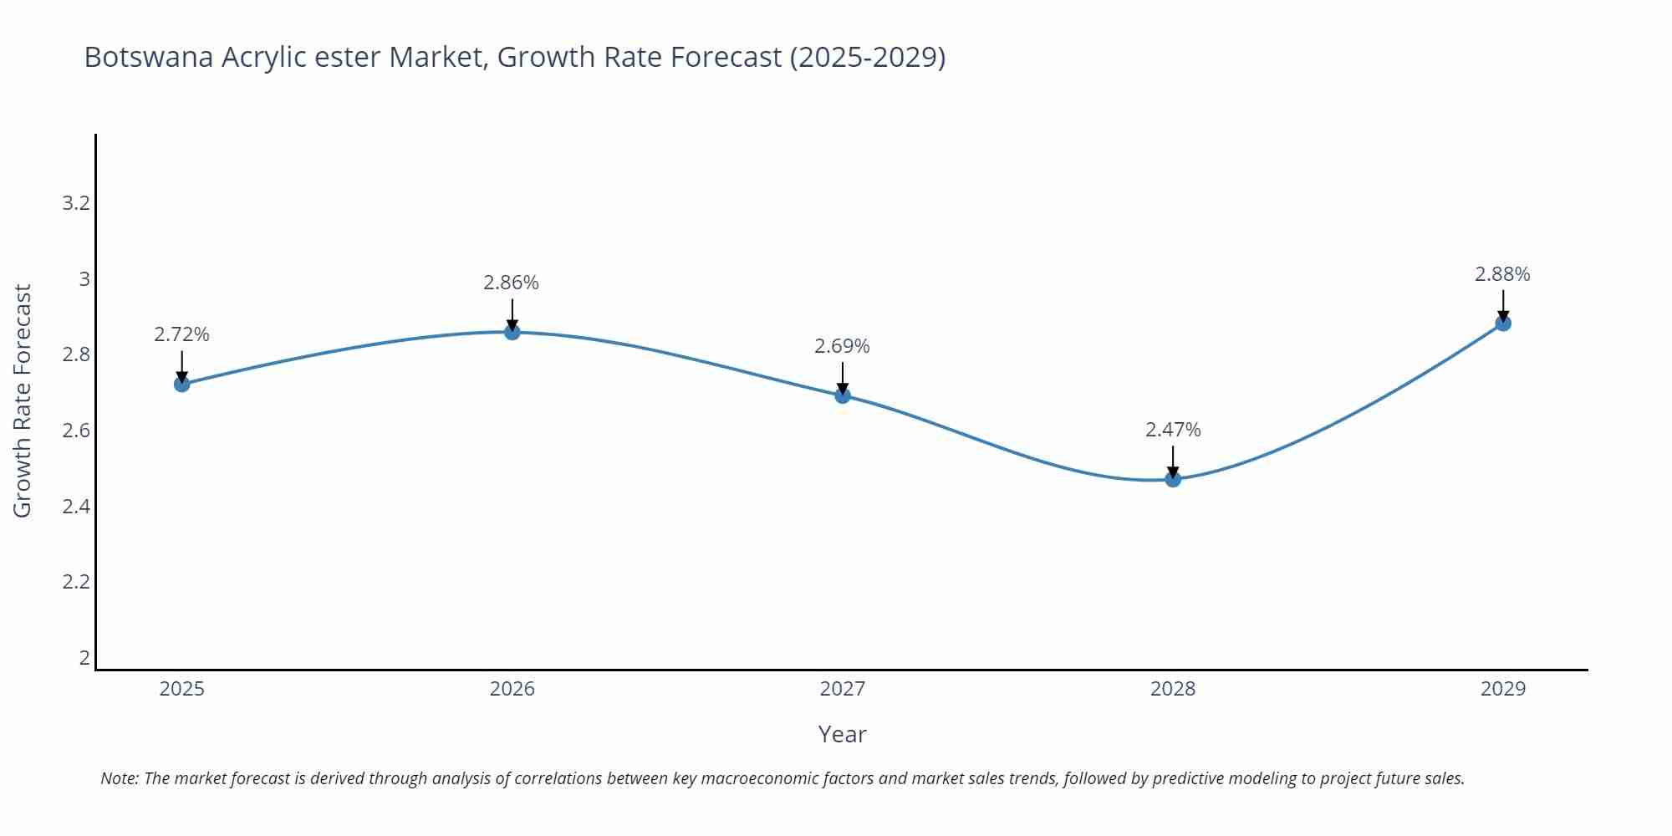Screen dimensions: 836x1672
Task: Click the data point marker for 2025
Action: (x=181, y=385)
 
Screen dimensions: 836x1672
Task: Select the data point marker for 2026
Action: (x=512, y=332)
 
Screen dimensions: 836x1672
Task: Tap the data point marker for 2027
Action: (x=843, y=395)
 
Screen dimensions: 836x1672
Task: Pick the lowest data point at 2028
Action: (x=1173, y=479)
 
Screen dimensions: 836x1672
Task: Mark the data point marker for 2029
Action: (x=1503, y=324)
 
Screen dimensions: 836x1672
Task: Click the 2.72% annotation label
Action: (x=181, y=334)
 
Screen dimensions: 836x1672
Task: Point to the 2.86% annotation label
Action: (x=511, y=283)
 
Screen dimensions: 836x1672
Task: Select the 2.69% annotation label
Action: (x=842, y=346)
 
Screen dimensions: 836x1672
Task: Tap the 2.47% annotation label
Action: (x=1173, y=430)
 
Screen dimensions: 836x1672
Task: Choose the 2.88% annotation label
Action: (x=1502, y=274)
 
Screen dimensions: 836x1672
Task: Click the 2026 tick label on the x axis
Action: (x=512, y=689)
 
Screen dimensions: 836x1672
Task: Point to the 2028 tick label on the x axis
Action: (x=1173, y=689)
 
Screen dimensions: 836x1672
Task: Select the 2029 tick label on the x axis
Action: (x=1503, y=689)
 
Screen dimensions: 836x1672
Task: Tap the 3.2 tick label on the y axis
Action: (x=76, y=203)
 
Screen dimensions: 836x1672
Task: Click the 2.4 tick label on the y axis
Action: (x=76, y=506)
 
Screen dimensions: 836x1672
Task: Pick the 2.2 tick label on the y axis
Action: (x=76, y=581)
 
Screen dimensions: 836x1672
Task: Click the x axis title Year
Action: (x=842, y=734)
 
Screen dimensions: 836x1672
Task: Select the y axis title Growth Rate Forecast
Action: (x=23, y=400)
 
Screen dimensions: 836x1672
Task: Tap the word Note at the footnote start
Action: (x=119, y=778)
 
